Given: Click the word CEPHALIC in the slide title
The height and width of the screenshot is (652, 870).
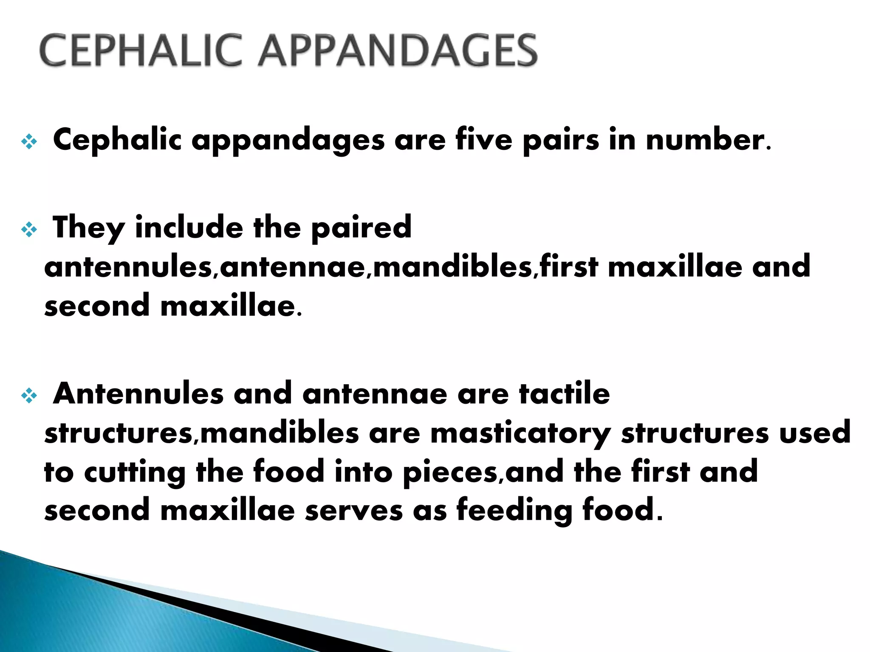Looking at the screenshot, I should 140,51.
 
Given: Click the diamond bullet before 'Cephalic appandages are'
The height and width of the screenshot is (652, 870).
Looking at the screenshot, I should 29,141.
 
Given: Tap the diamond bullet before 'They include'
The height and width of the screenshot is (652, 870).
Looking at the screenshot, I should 29,230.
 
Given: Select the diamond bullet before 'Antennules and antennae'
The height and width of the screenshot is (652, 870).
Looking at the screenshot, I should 29,396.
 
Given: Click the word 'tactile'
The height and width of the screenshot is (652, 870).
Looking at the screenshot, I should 565,393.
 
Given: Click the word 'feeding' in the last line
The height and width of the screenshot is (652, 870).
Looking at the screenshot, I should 514,511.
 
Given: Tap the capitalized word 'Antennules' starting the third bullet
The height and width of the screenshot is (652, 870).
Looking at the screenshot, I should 138,393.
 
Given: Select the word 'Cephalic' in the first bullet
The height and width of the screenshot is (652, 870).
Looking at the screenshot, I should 117,140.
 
